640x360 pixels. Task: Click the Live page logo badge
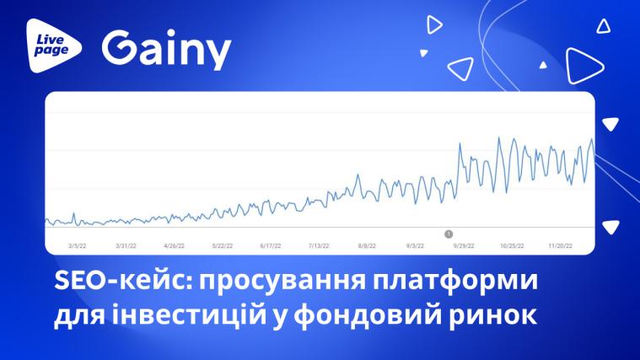[x=53, y=46]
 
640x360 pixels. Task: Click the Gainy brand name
[x=166, y=50]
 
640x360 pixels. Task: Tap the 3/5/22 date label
[x=77, y=245]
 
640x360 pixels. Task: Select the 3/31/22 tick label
[x=126, y=245]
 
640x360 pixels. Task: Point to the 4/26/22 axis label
[x=174, y=245]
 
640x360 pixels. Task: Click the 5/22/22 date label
[x=223, y=245]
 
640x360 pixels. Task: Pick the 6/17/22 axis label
[x=271, y=245]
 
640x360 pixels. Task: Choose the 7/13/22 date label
[x=319, y=245]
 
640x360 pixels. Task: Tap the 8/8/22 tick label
[x=367, y=245]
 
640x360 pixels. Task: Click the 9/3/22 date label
[x=415, y=245]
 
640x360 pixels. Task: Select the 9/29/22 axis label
[x=464, y=245]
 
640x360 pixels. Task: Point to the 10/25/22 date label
[x=512, y=245]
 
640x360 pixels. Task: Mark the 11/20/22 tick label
[x=561, y=245]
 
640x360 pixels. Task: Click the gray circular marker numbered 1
[x=449, y=234]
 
